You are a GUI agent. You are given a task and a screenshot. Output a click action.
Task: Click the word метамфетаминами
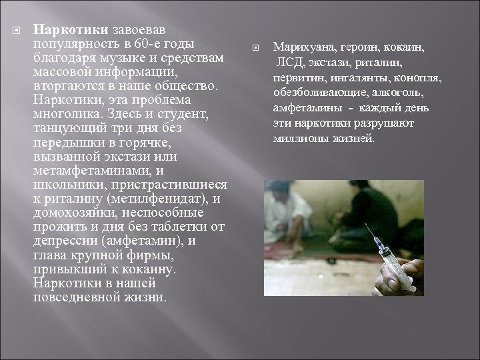(x=86, y=171)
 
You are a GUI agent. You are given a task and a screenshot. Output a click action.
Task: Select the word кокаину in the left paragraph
(x=151, y=269)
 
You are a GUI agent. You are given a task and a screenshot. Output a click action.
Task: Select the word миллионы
(x=300, y=139)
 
